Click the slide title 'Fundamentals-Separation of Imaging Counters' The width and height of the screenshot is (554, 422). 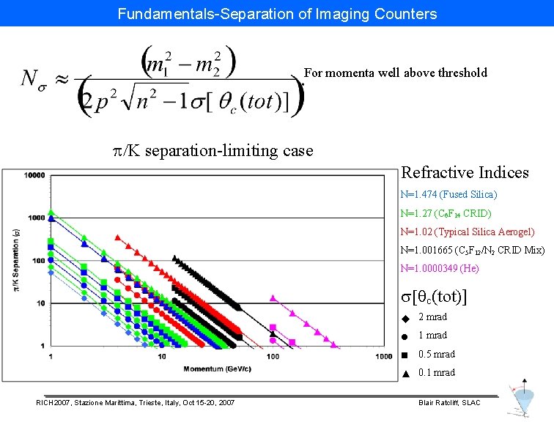pyautogui.click(x=277, y=13)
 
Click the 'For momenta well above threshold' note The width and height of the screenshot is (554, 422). pyautogui.click(x=395, y=73)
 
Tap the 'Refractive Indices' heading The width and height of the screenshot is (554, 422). pyautogui.click(x=465, y=173)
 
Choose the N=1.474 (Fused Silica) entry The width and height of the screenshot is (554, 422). pyautogui.click(x=448, y=195)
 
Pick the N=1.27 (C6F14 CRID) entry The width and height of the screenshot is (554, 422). pyautogui.click(x=446, y=214)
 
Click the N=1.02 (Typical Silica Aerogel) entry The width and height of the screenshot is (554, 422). pyautogui.click(x=468, y=232)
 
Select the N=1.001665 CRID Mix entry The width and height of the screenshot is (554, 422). pyautogui.click(x=473, y=251)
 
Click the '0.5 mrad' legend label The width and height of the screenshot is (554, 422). pyautogui.click(x=436, y=354)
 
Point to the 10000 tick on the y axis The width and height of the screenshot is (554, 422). pyautogui.click(x=34, y=175)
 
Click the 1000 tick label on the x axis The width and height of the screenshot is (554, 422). pyautogui.click(x=383, y=357)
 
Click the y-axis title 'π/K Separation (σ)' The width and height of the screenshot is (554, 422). pyautogui.click(x=15, y=261)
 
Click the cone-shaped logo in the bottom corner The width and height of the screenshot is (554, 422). pyautogui.click(x=521, y=399)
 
